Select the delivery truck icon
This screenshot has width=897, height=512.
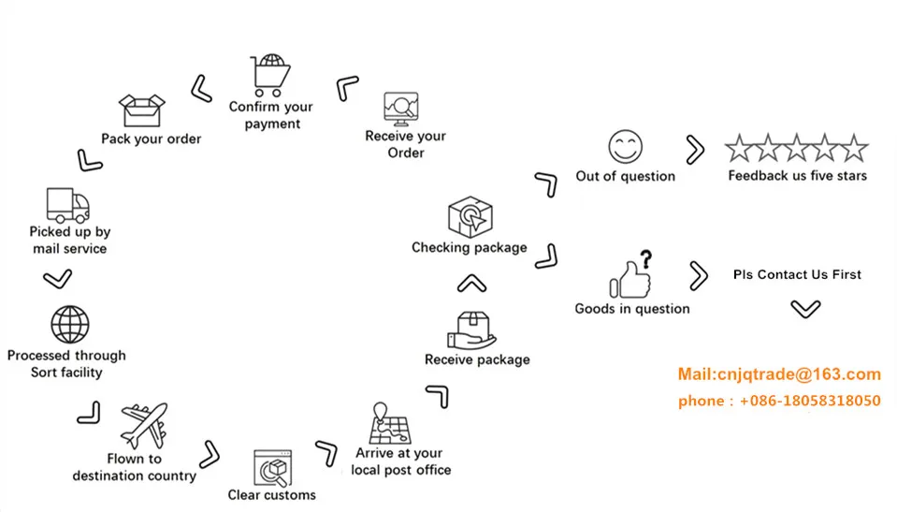(x=68, y=205)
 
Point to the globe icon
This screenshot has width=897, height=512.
(x=69, y=326)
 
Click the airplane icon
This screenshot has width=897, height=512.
(x=144, y=427)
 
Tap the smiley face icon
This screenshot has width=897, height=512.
(x=625, y=147)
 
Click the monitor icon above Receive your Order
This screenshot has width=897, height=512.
(x=401, y=110)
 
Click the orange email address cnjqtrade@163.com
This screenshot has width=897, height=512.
(x=779, y=374)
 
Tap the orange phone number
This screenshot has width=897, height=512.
(x=779, y=401)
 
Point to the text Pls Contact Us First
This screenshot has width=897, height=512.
(x=797, y=274)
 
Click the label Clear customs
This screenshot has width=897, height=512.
(x=272, y=494)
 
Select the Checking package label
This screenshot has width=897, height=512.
(x=470, y=248)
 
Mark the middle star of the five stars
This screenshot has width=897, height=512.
(x=796, y=148)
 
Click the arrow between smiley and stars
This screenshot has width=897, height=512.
(x=694, y=149)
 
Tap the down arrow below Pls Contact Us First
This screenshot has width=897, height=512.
(x=805, y=308)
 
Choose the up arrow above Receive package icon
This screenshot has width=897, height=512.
(x=472, y=283)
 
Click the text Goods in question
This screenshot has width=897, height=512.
(x=632, y=308)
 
